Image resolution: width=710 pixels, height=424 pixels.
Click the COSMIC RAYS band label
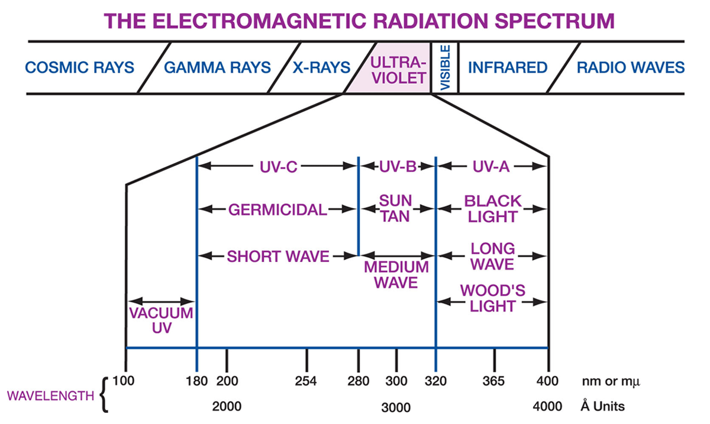tap(79, 67)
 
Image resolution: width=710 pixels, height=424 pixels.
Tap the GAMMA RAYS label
tap(218, 67)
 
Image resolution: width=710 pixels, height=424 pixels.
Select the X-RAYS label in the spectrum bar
tap(321, 67)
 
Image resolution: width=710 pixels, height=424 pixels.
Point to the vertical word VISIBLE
tap(446, 67)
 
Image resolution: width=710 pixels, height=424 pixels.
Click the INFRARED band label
tap(508, 67)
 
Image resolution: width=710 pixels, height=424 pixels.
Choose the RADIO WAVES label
tap(631, 67)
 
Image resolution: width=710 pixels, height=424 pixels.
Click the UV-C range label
tap(278, 167)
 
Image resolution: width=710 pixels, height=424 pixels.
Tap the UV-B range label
tap(398, 167)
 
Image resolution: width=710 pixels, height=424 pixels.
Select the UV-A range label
tap(491, 167)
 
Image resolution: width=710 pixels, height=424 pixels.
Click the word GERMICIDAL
tap(277, 210)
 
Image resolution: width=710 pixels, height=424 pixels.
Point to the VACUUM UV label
tap(162, 321)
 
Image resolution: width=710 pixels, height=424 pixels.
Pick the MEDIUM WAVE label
tap(396, 275)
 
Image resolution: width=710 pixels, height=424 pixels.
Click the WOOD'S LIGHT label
tap(492, 298)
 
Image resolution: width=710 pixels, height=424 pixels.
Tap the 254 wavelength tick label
tap(306, 381)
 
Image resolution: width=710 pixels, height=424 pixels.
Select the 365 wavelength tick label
tap(493, 381)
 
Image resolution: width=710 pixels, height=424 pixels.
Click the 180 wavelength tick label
tap(196, 381)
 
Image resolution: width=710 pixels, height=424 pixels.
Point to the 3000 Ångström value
tap(396, 407)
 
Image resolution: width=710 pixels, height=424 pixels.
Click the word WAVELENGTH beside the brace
tap(51, 396)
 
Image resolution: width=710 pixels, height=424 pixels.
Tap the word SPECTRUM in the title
tap(555, 21)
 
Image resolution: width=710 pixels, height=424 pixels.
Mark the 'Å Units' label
tap(602, 406)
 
